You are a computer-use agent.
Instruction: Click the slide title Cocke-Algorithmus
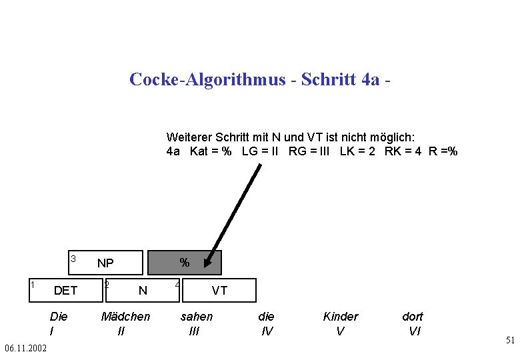click(259, 79)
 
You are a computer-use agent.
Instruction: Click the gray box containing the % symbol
click(185, 263)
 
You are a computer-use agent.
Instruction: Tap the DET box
click(65, 290)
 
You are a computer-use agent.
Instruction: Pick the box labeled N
click(142, 290)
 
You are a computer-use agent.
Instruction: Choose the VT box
click(219, 290)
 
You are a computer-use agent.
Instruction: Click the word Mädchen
click(125, 317)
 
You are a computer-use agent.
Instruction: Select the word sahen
click(197, 317)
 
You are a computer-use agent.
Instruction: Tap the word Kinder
click(340, 317)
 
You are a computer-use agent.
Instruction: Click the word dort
click(413, 317)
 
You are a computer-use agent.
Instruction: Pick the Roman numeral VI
click(414, 330)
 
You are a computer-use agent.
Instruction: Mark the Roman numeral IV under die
click(267, 330)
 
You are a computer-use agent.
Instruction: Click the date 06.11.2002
click(25, 349)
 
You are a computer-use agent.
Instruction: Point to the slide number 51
click(510, 341)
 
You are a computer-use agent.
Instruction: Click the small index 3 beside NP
click(73, 258)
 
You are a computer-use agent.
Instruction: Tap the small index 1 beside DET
click(32, 285)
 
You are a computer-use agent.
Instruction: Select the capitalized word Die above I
click(59, 317)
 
